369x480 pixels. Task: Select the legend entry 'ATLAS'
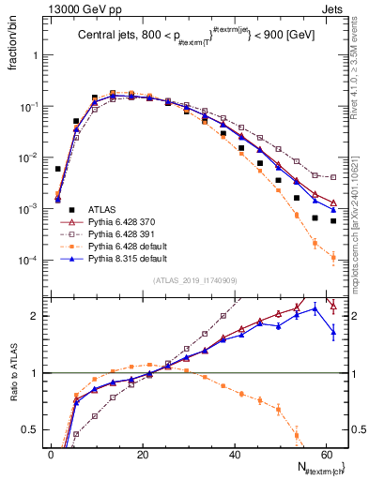point(102,210)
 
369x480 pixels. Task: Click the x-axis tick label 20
point(142,454)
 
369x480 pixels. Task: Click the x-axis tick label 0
point(51,454)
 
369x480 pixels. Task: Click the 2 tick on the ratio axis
point(36,316)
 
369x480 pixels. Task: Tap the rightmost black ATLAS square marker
point(333,221)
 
